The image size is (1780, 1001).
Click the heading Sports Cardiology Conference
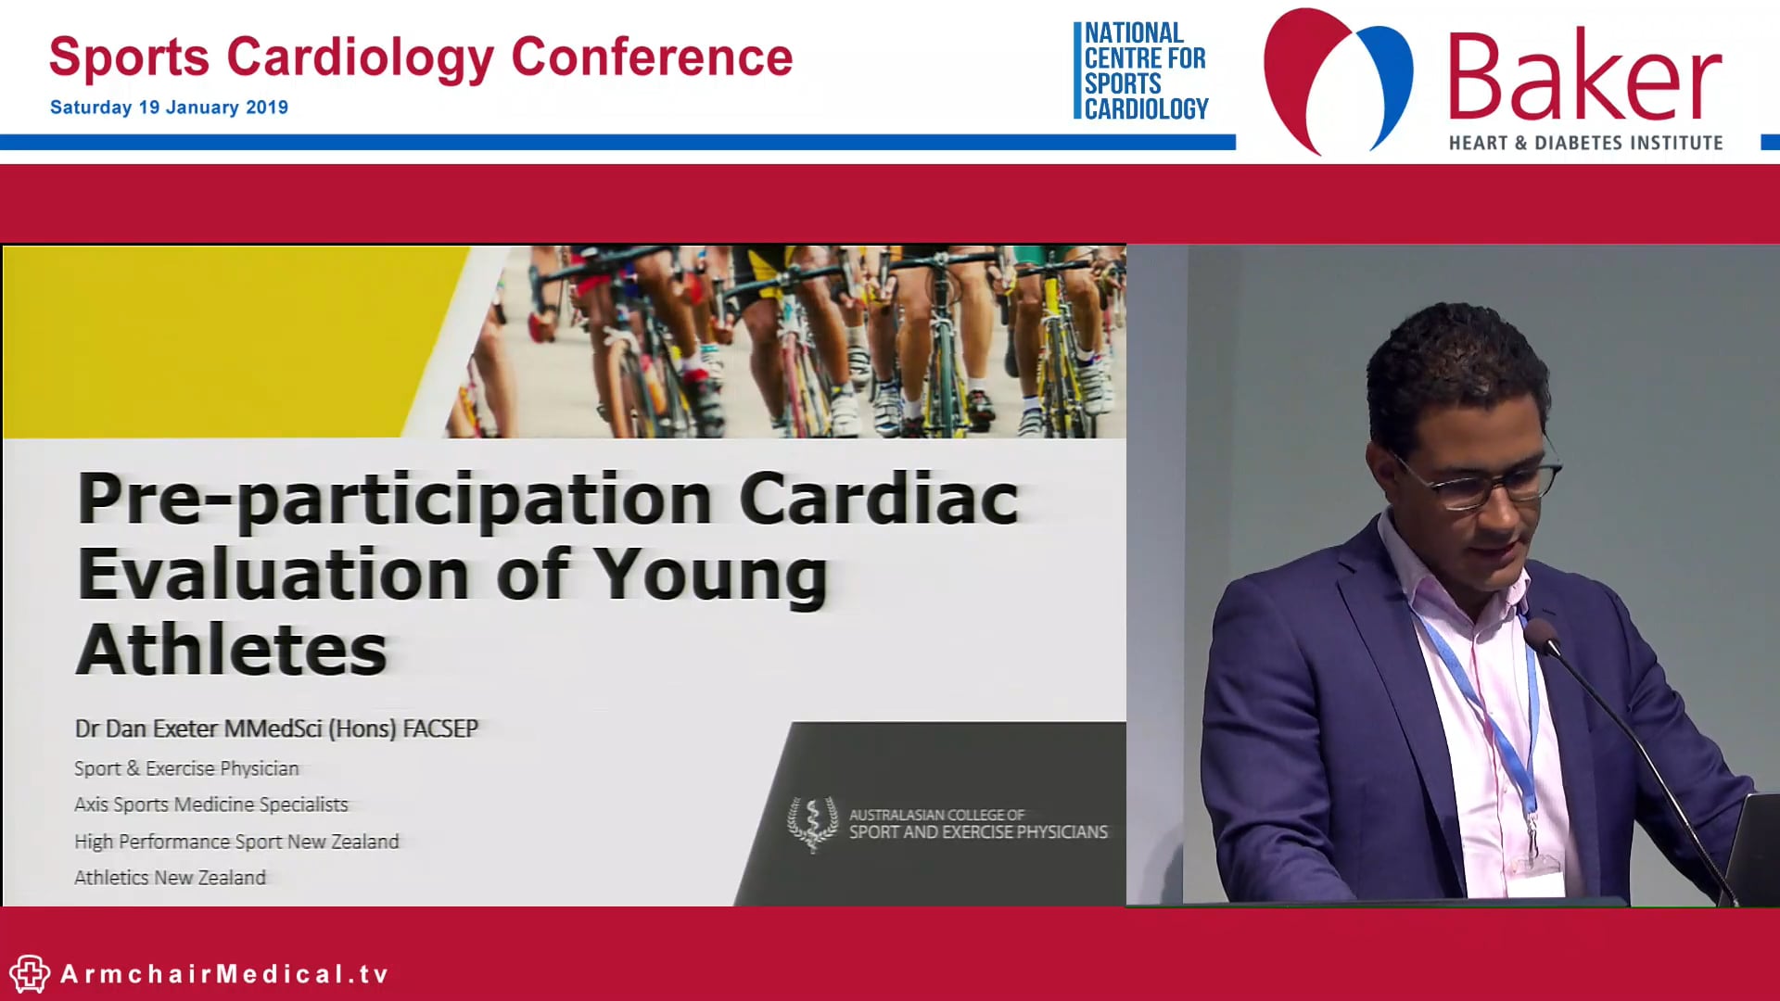pos(421,57)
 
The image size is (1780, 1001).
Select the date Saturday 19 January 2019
pos(169,108)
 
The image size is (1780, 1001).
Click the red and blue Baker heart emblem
pos(1338,80)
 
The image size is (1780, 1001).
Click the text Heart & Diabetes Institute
pos(1585,143)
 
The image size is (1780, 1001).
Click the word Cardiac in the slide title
pos(878,499)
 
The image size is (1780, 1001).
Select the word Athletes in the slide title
pos(232,650)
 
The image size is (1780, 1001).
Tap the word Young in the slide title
pos(710,577)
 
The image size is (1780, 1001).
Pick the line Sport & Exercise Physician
pos(186,768)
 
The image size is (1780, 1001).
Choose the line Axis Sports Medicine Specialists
pos(211,805)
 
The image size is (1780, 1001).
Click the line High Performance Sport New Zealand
pos(236,842)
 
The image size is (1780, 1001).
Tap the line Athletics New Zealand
pos(170,878)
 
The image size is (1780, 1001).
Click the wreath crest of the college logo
pos(812,823)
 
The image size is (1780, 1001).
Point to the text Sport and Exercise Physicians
pos(978,832)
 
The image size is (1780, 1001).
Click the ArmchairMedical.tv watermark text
pos(224,974)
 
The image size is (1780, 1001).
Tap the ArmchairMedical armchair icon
pos(30,974)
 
